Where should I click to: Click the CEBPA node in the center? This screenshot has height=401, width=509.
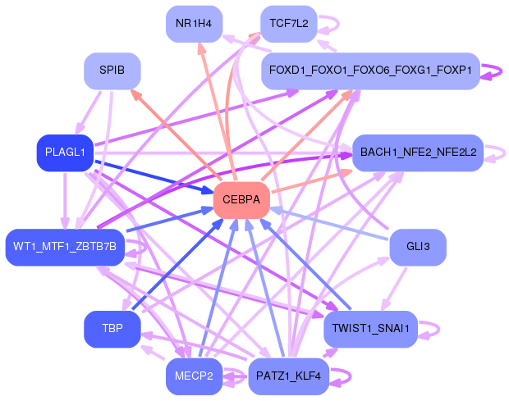241,200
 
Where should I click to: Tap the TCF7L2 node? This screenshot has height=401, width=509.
288,23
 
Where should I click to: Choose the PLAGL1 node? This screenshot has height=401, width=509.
64,153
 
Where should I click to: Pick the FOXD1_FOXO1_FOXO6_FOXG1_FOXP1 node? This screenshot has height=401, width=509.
370,71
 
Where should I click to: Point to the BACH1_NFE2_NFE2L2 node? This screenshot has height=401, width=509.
417,153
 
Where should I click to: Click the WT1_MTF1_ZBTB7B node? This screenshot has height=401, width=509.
65,247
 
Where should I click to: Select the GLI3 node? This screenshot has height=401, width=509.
418,247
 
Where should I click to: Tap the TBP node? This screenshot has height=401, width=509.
112,329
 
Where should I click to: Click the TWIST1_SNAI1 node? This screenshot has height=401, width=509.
370,329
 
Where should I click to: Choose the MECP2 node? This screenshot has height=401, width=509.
194,376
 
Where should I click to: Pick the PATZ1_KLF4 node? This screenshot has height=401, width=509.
288,376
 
